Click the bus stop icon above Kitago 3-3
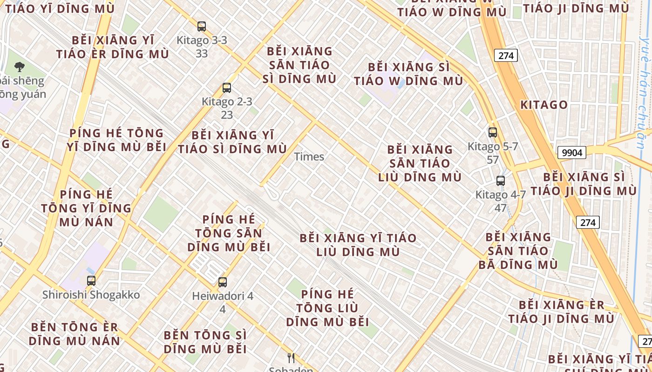(202, 27)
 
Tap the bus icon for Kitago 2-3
(227, 87)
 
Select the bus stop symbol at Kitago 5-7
(493, 133)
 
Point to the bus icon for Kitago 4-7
(501, 181)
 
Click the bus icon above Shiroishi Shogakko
(91, 280)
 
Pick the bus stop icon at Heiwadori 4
(223, 282)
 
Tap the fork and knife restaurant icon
(291, 358)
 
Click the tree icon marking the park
(20, 67)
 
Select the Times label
(309, 157)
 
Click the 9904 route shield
(571, 153)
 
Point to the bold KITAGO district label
(544, 105)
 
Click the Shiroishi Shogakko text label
(91, 295)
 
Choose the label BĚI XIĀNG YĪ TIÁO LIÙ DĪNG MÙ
(358, 245)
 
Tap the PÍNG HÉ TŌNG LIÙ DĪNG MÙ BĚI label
(327, 308)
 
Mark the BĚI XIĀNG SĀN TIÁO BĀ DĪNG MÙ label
(518, 251)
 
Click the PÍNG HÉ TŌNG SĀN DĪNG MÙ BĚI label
(229, 233)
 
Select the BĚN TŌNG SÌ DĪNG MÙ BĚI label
(205, 342)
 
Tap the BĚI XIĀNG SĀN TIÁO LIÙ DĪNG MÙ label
(420, 163)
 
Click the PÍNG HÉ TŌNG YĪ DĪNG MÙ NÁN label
(86, 208)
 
